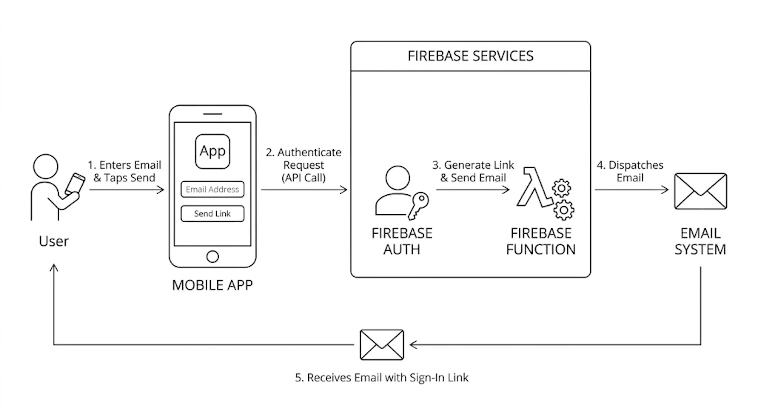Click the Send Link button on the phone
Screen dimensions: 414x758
212,214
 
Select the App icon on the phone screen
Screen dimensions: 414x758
212,151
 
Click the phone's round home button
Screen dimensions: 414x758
212,256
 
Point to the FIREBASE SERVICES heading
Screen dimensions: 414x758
470,56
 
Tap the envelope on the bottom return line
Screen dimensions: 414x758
382,344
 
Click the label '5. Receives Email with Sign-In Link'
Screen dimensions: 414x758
382,377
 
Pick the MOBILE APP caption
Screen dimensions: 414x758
212,285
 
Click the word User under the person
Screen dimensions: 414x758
54,241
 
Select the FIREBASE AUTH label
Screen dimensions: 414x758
402,241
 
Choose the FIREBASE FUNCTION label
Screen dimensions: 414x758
541,241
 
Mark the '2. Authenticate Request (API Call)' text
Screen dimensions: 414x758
304,165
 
